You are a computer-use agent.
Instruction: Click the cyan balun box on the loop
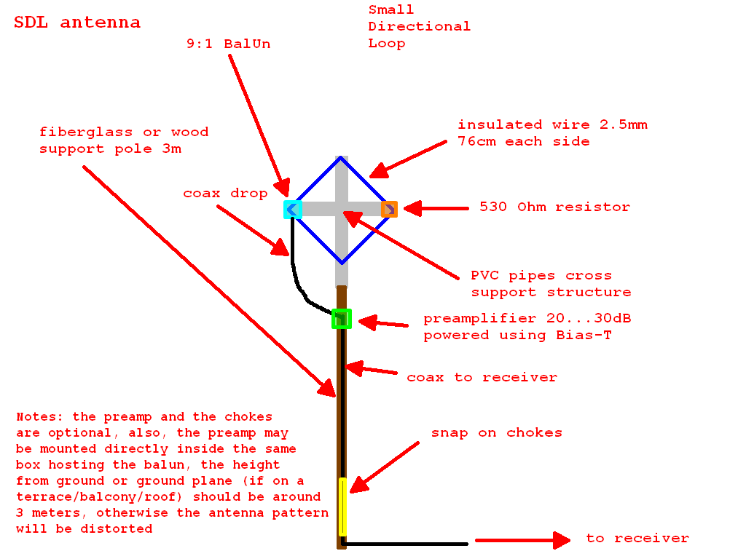(293, 210)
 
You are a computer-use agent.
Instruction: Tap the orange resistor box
(389, 210)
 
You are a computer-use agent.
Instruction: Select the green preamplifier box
(342, 319)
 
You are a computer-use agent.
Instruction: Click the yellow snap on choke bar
(342, 507)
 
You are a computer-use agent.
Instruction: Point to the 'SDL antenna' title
(77, 23)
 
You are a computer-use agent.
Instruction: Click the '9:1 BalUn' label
(228, 44)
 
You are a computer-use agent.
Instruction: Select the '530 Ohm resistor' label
(554, 207)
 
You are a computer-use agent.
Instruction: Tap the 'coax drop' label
(225, 194)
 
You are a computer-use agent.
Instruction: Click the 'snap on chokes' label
(497, 433)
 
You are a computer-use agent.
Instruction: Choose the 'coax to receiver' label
(482, 378)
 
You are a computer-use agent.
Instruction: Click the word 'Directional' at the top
(419, 27)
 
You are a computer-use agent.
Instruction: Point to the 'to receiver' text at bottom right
(637, 539)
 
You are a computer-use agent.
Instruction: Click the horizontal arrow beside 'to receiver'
(522, 540)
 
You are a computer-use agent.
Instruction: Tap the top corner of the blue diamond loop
(341, 157)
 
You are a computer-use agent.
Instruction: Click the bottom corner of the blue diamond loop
(341, 262)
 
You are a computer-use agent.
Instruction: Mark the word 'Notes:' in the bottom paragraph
(40, 417)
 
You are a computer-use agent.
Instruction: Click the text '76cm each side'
(523, 142)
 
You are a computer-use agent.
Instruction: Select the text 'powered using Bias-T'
(517, 336)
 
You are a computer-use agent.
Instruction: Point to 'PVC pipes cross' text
(541, 276)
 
